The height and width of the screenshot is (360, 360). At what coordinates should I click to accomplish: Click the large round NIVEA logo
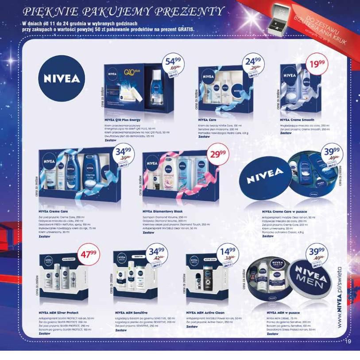(62, 79)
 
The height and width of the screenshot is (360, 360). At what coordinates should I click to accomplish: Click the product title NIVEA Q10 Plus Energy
(123, 120)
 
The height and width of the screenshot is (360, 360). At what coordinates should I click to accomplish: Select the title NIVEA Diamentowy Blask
(163, 211)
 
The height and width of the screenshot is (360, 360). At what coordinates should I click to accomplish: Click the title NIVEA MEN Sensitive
(132, 312)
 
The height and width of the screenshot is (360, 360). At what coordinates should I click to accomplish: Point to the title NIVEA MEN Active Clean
(205, 312)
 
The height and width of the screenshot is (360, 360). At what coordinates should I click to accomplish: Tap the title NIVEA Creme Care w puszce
(284, 212)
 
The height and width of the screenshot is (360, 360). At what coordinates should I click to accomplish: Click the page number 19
(348, 341)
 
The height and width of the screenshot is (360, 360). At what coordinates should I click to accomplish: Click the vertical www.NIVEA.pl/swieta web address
(340, 297)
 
